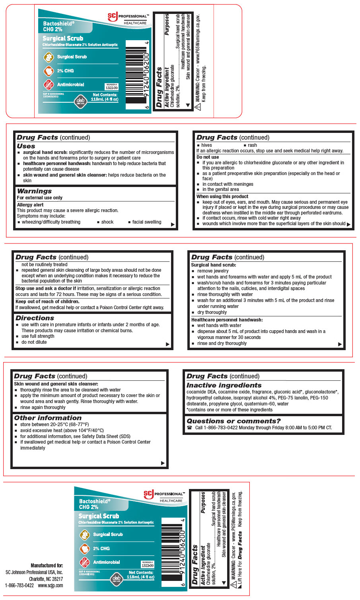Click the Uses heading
[x=26, y=146]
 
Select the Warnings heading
[x=34, y=191]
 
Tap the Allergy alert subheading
[x=30, y=205]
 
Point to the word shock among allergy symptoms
[x=107, y=222]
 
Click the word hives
[x=206, y=145]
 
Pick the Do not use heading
[x=207, y=157]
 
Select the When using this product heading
[x=222, y=196]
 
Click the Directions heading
[x=35, y=318]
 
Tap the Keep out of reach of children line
[x=47, y=301]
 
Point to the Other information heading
[x=48, y=418]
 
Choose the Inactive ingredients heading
[x=224, y=385]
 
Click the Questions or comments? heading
[x=234, y=421]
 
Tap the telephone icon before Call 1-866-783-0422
[x=189, y=428]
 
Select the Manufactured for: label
[x=47, y=565]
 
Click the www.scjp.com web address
[x=51, y=585]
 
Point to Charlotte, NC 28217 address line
[x=46, y=579]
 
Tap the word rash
[x=252, y=145]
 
